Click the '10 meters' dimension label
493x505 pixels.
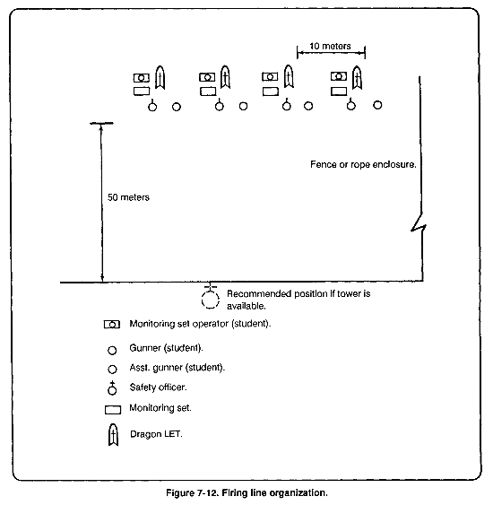[x=330, y=46]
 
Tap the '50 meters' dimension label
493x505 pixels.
[x=128, y=197]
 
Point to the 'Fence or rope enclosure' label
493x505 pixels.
[x=363, y=164]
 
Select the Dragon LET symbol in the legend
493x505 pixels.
[x=113, y=434]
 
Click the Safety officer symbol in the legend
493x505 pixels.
[x=112, y=387]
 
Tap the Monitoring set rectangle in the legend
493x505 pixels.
[x=113, y=410]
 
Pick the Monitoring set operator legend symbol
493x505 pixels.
[x=112, y=325]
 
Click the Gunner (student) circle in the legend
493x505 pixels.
[x=112, y=350]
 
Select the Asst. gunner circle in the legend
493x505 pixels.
[x=112, y=369]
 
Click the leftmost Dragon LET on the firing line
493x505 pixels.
[x=160, y=78]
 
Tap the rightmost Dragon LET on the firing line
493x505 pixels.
[x=357, y=77]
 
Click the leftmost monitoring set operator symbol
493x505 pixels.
[x=142, y=78]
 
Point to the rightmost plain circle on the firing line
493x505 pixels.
[x=377, y=105]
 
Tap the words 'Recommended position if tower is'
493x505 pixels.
[x=298, y=293]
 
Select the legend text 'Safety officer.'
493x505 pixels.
[x=158, y=387]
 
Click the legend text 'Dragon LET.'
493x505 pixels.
[x=156, y=434]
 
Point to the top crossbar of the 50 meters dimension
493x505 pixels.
[x=101, y=123]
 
